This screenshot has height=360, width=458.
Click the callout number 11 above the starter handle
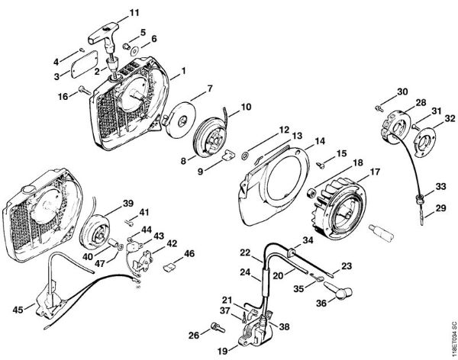(x=134, y=13)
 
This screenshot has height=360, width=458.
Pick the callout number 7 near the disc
(x=210, y=91)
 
